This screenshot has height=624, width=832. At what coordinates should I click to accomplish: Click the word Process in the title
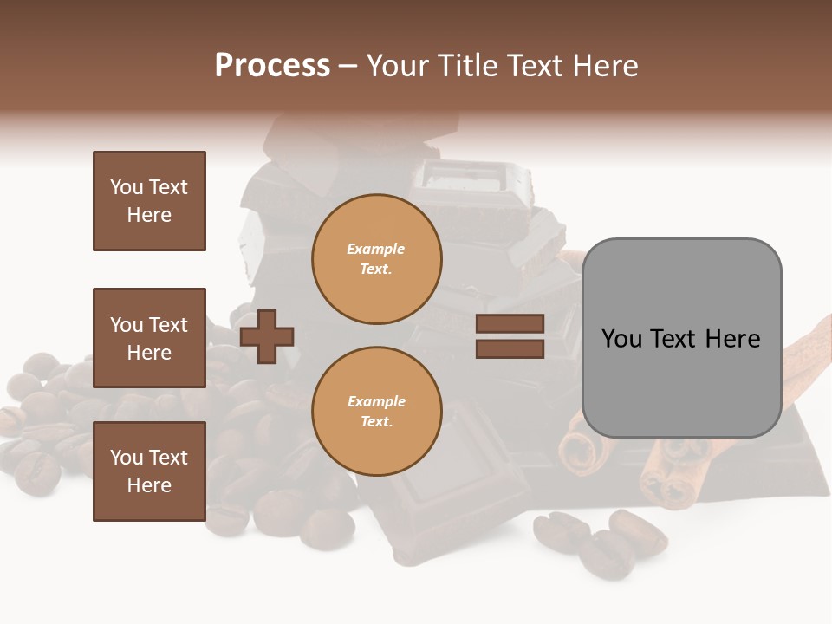(272, 66)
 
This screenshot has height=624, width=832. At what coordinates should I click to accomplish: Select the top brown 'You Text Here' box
(149, 201)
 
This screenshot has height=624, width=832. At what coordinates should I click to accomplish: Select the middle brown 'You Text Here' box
(149, 338)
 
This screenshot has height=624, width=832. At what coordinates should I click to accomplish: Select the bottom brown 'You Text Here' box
(149, 471)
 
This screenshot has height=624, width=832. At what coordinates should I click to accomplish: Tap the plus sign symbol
(267, 337)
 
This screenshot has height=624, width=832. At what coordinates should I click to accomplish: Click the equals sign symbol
(510, 336)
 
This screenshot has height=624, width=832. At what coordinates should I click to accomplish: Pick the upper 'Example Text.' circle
(376, 259)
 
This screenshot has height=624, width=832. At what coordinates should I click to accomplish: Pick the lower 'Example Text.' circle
(376, 411)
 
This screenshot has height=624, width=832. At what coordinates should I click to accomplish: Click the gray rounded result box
(681, 338)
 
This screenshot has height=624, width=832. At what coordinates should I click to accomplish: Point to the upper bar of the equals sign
(510, 324)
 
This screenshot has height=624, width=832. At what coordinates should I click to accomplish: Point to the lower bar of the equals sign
(510, 348)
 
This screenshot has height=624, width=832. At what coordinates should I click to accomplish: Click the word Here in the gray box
(732, 339)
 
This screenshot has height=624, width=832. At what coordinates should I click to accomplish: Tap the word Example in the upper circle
(376, 250)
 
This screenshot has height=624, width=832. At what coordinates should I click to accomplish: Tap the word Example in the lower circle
(376, 401)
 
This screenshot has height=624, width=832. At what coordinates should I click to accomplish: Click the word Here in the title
(606, 66)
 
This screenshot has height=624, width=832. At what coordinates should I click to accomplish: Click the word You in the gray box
(622, 339)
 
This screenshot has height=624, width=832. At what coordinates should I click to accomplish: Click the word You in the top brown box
(127, 187)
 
